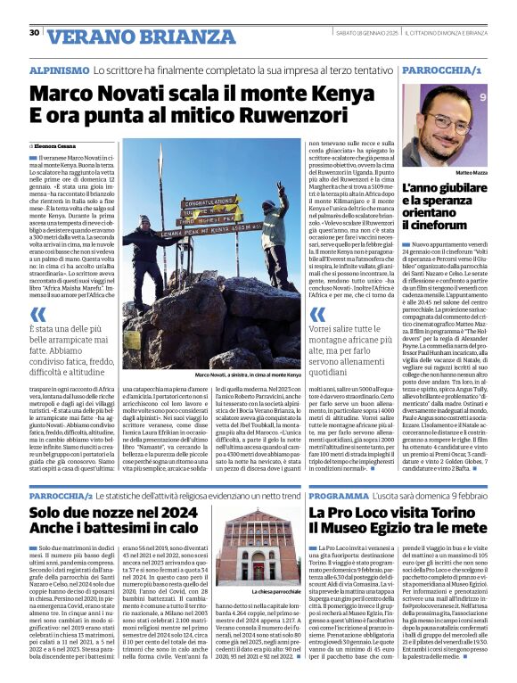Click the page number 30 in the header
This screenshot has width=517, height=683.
coord(34,33)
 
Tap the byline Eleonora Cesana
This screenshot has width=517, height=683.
coord(57,144)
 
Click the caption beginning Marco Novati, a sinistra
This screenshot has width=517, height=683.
coord(236,374)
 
